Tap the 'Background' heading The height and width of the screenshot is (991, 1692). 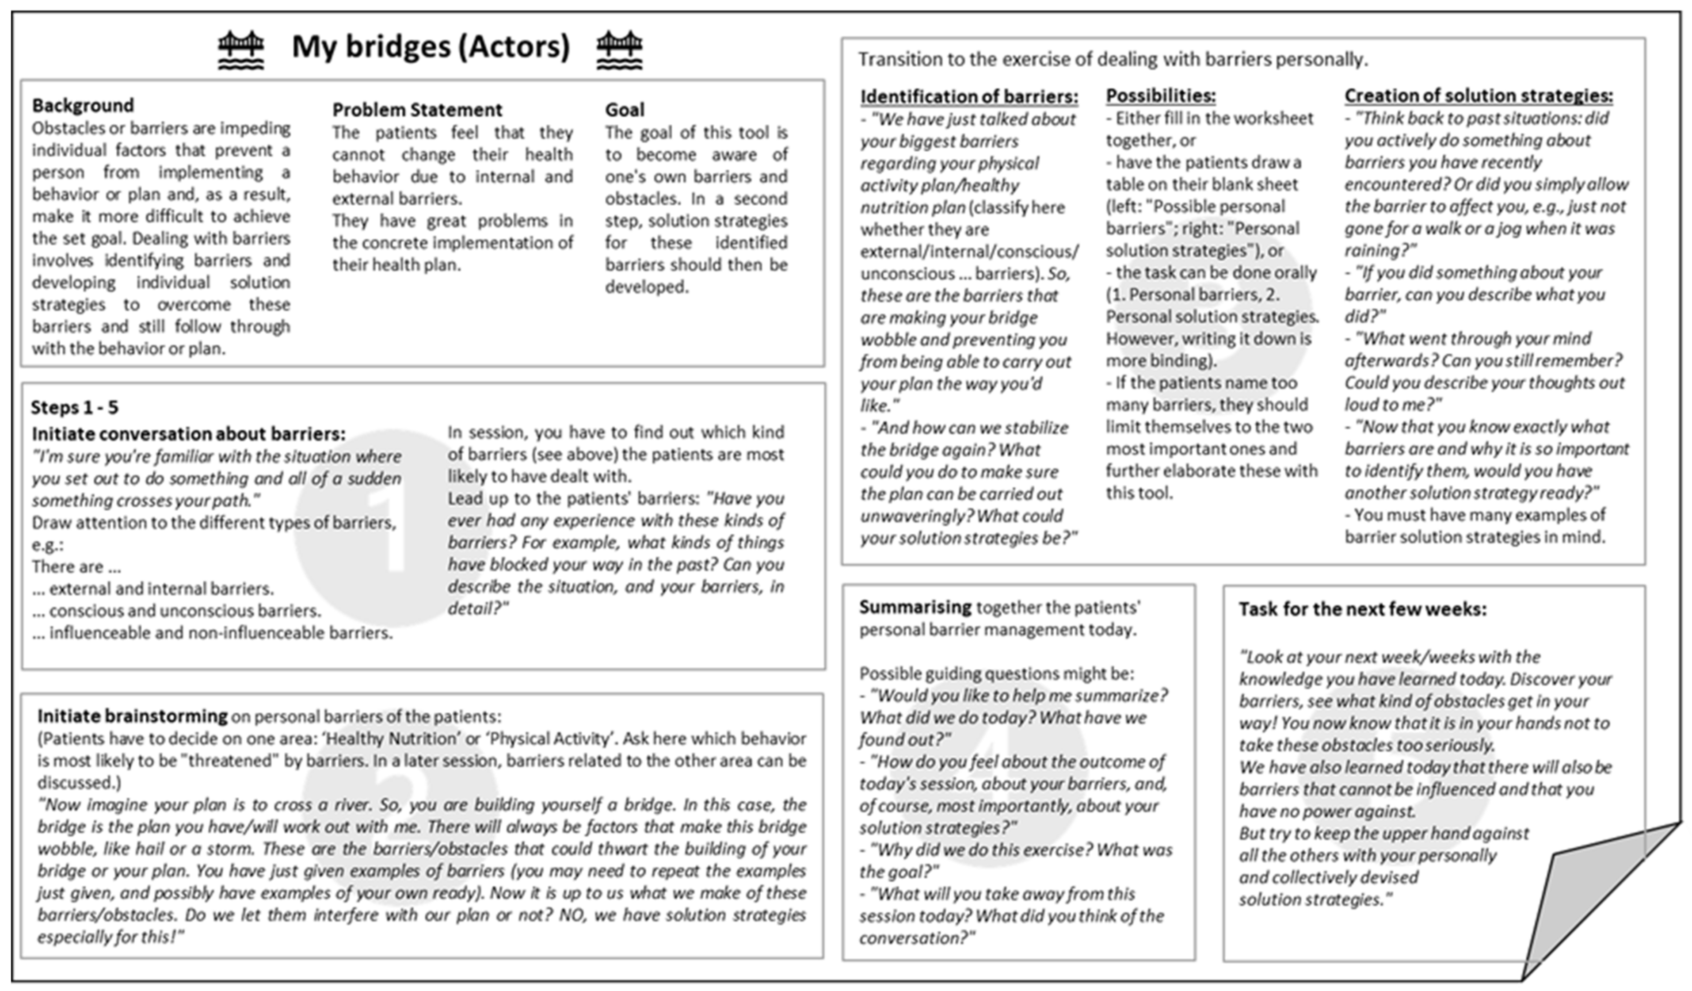tap(83, 106)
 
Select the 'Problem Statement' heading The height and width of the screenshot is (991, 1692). tap(417, 110)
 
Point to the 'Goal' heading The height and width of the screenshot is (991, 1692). tap(625, 110)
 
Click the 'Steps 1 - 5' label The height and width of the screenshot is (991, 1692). tap(75, 407)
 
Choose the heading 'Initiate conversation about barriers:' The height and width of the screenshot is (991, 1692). tap(189, 434)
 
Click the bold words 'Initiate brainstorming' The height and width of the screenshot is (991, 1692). tap(132, 716)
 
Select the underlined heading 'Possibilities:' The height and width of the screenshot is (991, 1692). tap(1160, 96)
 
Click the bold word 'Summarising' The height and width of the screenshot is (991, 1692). tap(915, 607)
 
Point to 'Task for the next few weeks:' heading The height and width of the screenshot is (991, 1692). tap(1362, 609)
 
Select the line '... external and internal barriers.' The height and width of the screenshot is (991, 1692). tap(153, 589)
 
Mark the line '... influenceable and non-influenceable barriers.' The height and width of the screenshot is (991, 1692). tap(212, 633)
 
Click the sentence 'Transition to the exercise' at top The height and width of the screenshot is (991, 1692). tap(1112, 60)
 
